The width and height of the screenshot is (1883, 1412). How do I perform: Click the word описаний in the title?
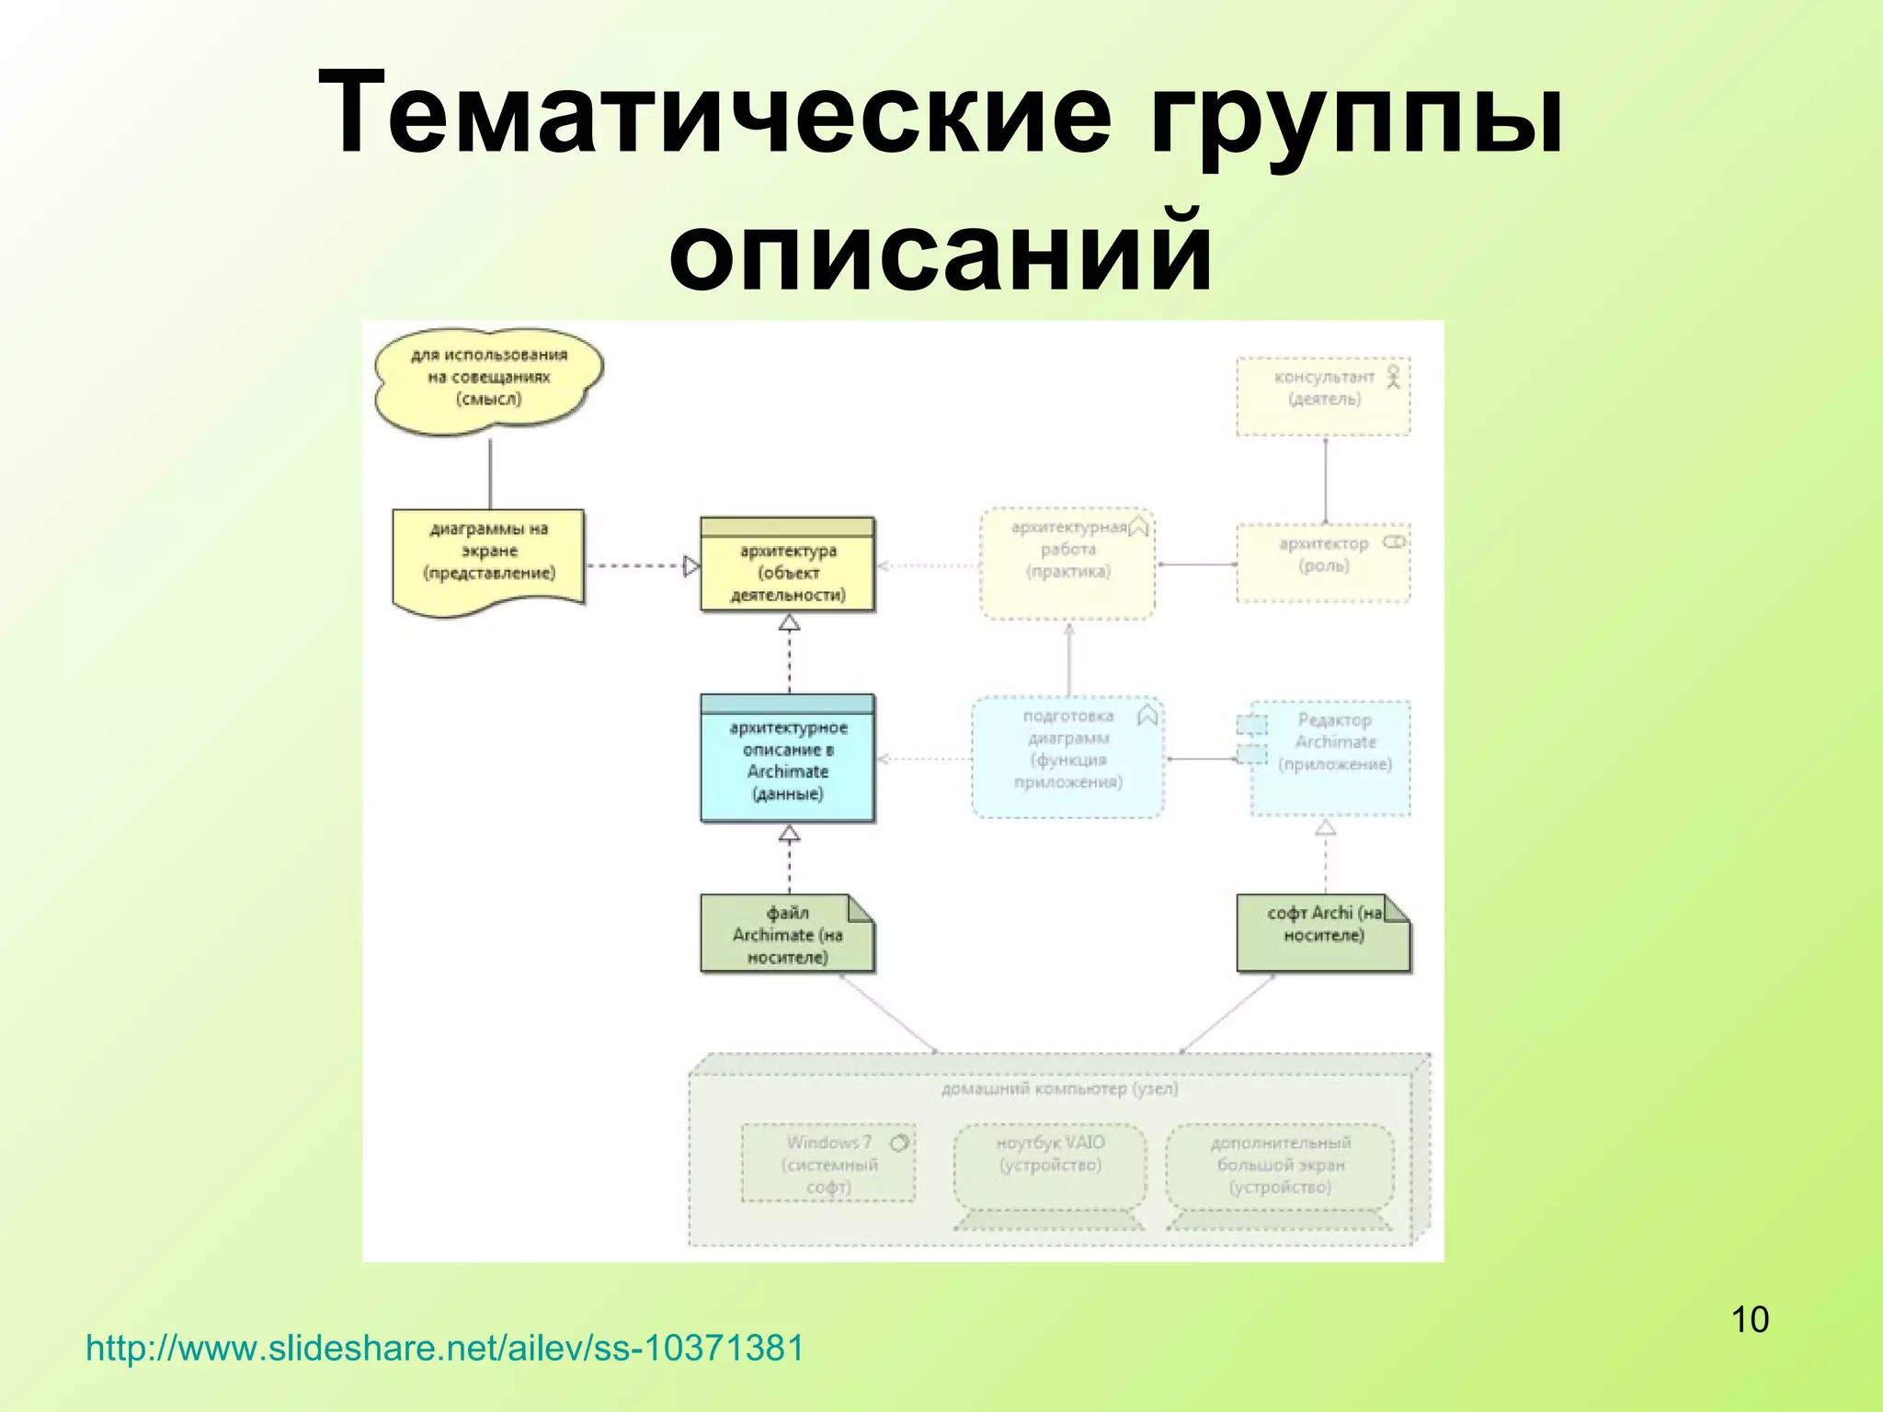(x=940, y=250)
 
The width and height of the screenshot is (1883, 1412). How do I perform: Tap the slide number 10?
(x=1749, y=1319)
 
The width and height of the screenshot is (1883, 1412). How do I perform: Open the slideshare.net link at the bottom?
(x=444, y=1349)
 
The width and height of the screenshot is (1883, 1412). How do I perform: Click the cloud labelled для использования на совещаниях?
(x=488, y=379)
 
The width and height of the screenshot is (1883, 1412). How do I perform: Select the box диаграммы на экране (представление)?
(x=488, y=556)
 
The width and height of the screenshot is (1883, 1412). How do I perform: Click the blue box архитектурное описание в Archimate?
(x=787, y=761)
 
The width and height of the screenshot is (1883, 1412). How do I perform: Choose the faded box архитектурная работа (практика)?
(x=1067, y=563)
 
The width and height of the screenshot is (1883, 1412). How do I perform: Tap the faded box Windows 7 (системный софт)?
(x=828, y=1164)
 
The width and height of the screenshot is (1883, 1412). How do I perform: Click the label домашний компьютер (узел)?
(x=1059, y=1089)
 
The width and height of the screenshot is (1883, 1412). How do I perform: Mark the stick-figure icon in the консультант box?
(x=1393, y=376)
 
